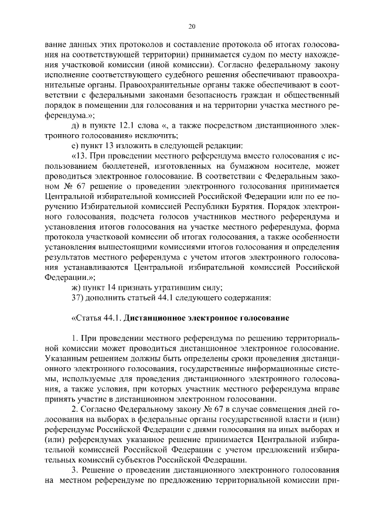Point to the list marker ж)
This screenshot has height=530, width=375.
tap(74, 287)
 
